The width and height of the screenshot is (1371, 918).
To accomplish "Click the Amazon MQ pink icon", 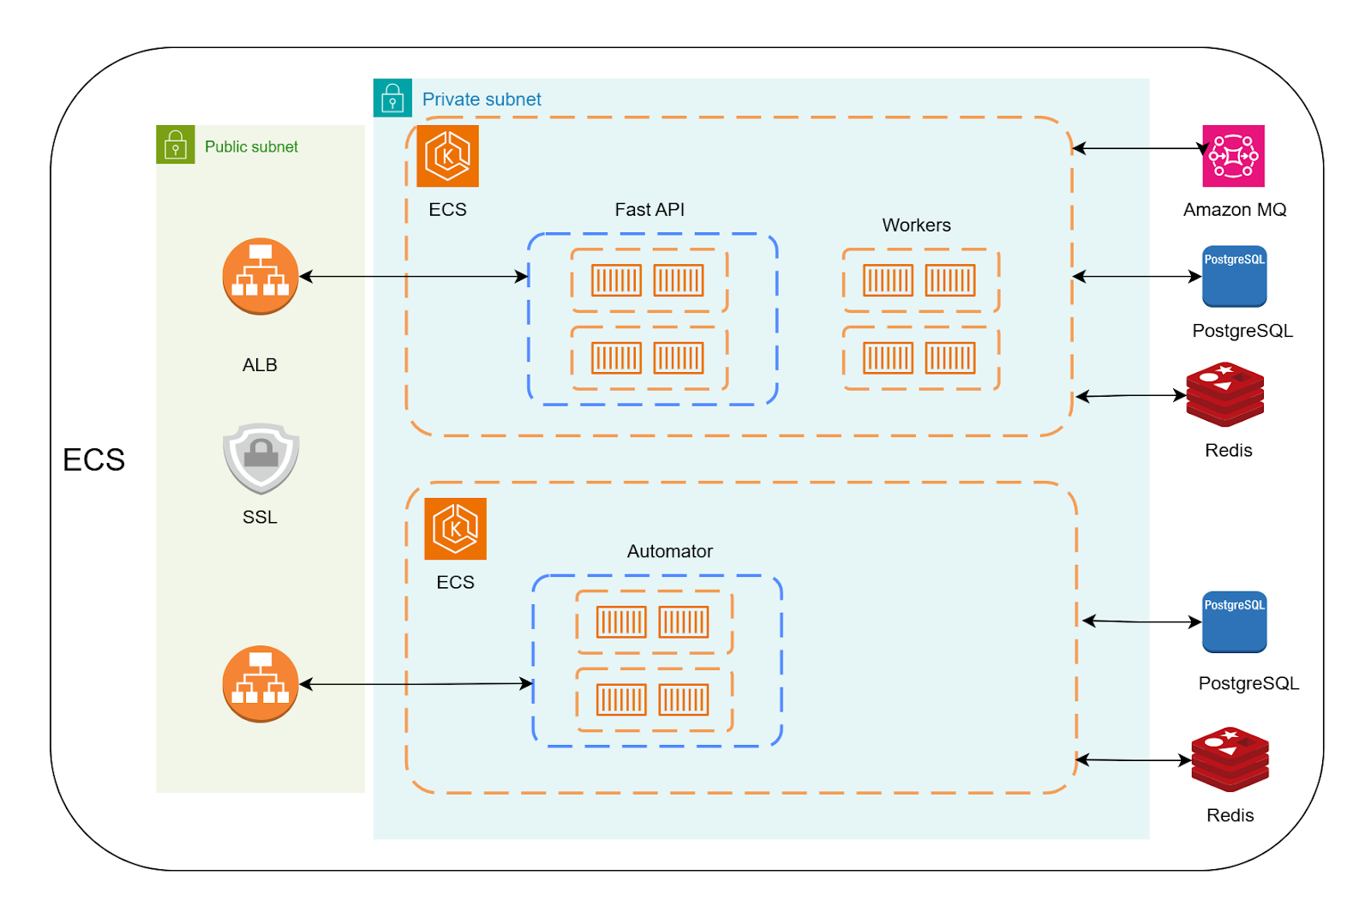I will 1233,156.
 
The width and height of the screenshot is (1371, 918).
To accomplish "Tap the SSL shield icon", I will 260,458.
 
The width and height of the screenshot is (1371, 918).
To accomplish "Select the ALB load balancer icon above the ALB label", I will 260,276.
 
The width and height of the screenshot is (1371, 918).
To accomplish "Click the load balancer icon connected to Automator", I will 260,684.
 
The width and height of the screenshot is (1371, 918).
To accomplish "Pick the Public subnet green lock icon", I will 176,146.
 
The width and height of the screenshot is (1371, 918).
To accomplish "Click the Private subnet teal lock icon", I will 392,99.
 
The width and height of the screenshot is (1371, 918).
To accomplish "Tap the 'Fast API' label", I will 650,210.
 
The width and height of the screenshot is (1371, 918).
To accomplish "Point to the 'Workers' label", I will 916,225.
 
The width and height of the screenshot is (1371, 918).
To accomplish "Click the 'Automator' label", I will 669,551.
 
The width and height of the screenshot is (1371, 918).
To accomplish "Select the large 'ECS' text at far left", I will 93,460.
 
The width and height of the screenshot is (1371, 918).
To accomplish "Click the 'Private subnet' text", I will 482,99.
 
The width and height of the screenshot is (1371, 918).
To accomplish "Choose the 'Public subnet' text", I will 251,147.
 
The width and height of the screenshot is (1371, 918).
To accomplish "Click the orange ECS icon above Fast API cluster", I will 447,156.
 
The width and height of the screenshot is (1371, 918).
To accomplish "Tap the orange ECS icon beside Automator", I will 455,529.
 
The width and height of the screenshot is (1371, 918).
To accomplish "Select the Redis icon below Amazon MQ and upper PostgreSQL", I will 1225,395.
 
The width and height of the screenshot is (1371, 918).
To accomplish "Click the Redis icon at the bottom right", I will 1230,759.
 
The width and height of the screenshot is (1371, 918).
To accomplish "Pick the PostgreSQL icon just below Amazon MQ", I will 1234,276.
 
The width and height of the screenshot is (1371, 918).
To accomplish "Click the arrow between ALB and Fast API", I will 413,277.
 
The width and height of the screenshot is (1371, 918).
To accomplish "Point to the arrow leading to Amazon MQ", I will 1140,148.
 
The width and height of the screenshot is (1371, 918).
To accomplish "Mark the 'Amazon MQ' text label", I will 1234,210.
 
